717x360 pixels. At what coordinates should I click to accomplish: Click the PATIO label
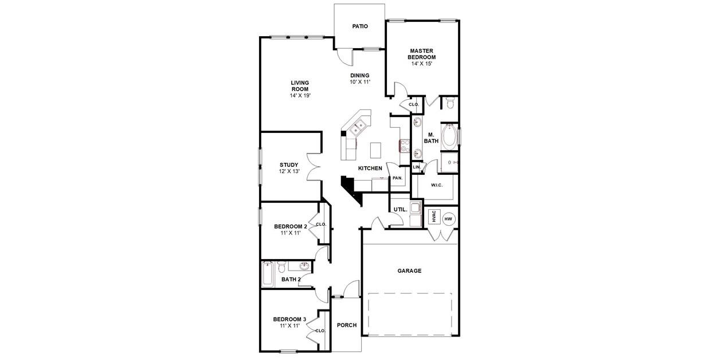pos(360,26)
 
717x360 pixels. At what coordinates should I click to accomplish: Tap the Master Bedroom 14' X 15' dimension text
pos(421,64)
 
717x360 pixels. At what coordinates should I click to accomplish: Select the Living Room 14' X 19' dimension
pos(300,96)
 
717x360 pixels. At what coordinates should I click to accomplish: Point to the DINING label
pos(360,75)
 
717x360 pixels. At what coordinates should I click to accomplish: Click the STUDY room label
pos(289,165)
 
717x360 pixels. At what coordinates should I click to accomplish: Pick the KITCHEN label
pos(370,168)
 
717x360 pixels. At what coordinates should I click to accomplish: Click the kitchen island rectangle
pos(376,150)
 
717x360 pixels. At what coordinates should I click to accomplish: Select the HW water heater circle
pos(448,218)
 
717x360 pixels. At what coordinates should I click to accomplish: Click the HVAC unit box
pos(434,217)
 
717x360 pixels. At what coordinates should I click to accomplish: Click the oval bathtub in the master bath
pos(449,136)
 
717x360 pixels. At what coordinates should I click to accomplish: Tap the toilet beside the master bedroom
pos(450,104)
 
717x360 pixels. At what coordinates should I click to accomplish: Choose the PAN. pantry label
pos(397,178)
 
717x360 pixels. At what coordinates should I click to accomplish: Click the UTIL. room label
pos(400,210)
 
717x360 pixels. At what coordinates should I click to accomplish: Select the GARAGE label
pos(410,271)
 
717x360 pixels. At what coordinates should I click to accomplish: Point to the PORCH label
pos(346,325)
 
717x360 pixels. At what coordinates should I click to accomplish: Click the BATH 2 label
pos(291,280)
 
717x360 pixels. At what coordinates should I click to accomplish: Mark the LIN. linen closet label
pos(417,167)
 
